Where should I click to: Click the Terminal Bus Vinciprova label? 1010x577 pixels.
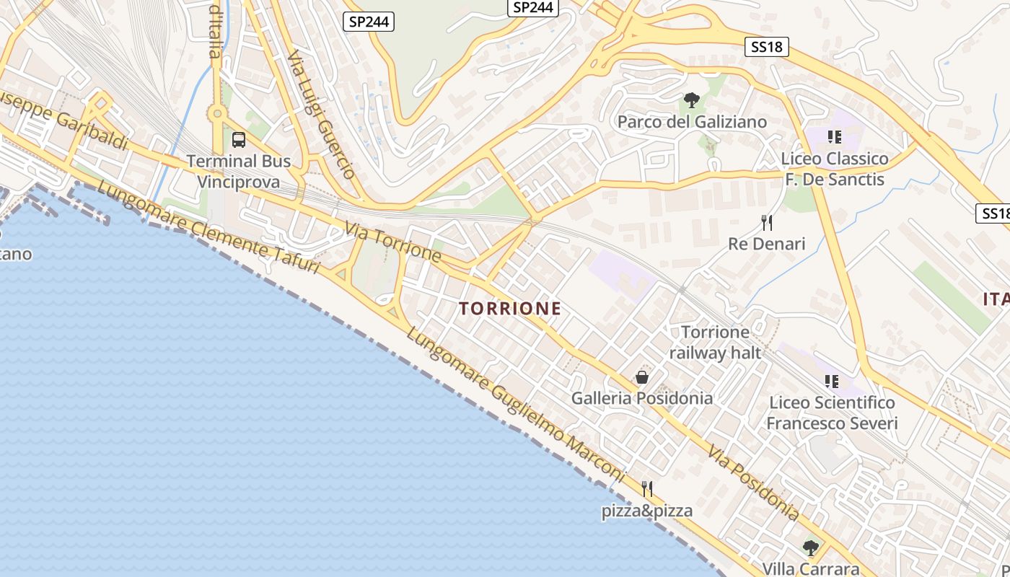tap(239, 171)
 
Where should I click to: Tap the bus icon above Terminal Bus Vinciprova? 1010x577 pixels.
tap(239, 140)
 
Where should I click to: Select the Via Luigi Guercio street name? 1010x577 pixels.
tap(321, 115)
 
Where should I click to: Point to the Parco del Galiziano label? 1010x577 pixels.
tap(692, 122)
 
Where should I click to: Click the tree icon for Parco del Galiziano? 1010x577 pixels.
tap(692, 100)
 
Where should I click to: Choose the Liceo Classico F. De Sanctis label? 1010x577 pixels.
tap(835, 169)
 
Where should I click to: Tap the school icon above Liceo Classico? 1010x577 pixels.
tap(835, 136)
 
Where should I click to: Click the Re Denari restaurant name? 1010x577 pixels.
tap(766, 244)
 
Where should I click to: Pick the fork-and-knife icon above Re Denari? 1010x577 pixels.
tap(767, 222)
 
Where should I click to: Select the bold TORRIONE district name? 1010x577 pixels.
tap(510, 309)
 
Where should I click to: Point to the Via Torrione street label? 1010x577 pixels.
tap(392, 242)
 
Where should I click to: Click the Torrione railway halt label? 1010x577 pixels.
tap(715, 343)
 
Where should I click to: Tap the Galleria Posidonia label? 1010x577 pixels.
tap(641, 398)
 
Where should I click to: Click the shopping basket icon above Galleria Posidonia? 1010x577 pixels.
tap(641, 377)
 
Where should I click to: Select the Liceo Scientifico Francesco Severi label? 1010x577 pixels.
tap(832, 413)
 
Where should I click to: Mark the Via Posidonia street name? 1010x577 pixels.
tap(753, 483)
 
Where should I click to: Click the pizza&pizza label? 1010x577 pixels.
tap(647, 511)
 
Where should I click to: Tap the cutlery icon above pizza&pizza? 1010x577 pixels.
tap(647, 489)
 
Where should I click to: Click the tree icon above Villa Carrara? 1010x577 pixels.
tap(811, 548)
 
